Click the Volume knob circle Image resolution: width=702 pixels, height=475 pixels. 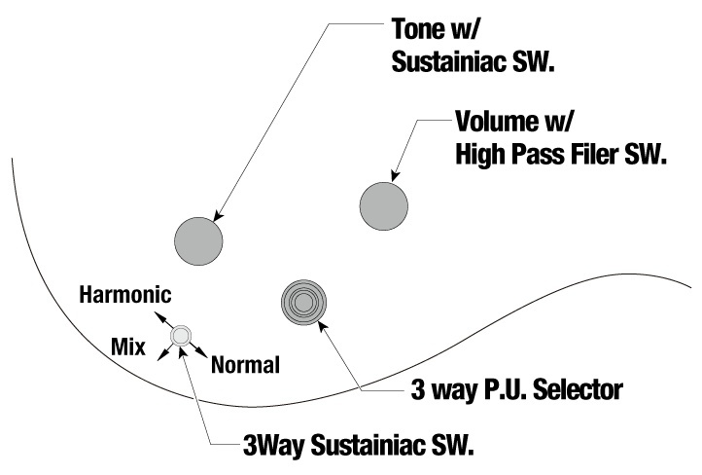pos(384,205)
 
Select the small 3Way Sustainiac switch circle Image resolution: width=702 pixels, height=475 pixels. pos(180,337)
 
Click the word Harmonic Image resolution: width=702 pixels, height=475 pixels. pos(125,294)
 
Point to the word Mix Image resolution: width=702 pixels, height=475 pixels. pos(127,345)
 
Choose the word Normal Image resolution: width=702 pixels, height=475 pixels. pos(245,365)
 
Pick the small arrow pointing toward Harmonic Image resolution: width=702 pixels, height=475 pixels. pos(161,318)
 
